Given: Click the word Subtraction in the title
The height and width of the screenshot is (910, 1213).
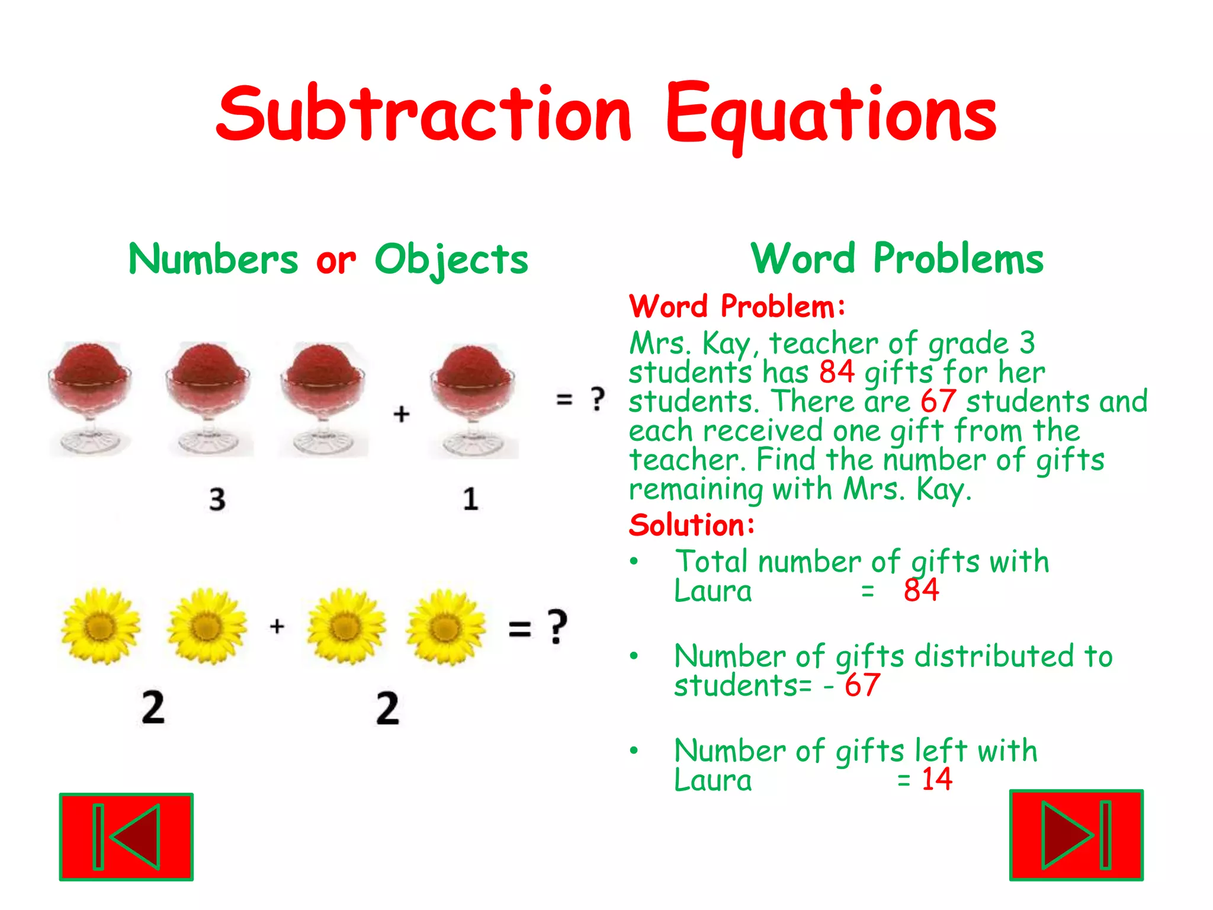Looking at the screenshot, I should click(424, 114).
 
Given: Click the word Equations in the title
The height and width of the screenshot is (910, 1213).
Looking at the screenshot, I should click(832, 114).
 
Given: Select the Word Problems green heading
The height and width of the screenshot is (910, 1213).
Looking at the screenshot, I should click(897, 259).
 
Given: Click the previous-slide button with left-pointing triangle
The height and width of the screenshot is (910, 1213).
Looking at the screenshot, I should click(126, 837).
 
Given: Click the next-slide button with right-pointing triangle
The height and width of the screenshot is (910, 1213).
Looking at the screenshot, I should click(1076, 835).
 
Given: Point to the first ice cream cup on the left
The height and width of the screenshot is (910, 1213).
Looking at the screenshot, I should click(90, 398).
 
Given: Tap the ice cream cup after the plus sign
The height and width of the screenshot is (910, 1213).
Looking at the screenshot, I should click(472, 400).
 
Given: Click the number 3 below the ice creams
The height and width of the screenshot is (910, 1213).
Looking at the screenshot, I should click(217, 499).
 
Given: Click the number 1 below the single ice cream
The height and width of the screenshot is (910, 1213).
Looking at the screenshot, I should click(470, 499).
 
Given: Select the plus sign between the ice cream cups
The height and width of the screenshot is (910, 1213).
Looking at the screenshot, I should click(401, 414).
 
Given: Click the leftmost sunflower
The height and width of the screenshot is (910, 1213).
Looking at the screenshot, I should click(101, 626).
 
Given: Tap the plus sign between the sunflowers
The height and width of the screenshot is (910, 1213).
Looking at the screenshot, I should click(277, 626).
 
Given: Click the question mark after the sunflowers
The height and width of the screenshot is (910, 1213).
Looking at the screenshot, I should click(557, 626).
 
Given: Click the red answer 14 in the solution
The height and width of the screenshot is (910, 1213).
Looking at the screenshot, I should click(936, 779).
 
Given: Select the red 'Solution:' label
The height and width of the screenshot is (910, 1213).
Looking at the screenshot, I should click(691, 525).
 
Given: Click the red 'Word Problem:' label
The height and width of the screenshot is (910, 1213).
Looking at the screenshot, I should click(737, 306).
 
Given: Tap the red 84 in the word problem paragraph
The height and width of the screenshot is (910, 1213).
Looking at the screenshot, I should click(836, 372).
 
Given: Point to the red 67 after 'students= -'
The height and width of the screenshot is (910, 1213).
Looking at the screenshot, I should click(862, 685).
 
